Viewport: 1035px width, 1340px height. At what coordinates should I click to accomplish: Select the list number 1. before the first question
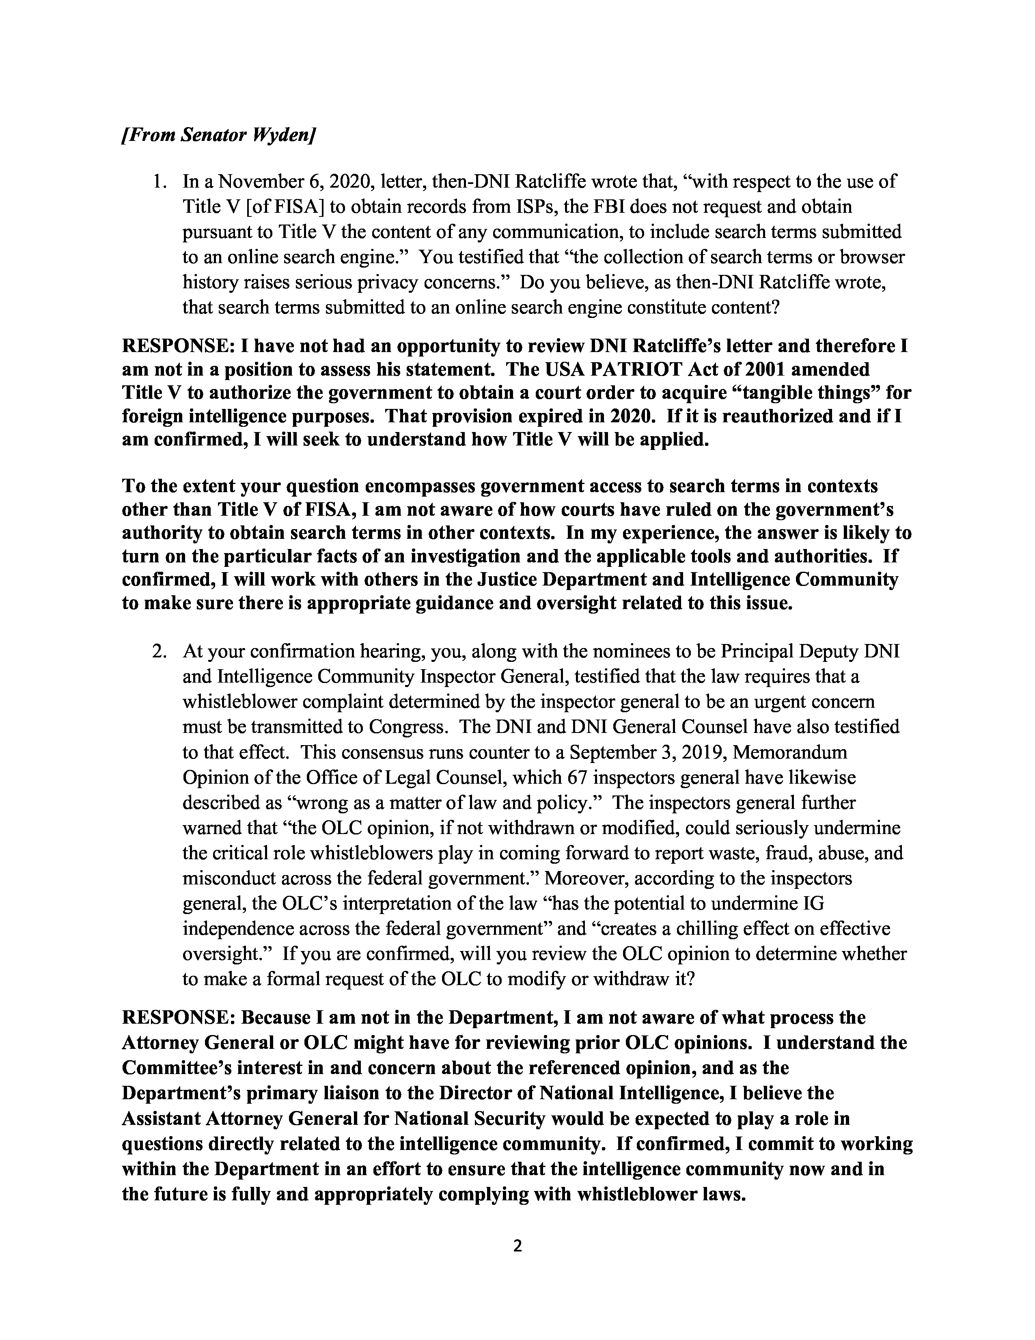[x=160, y=182]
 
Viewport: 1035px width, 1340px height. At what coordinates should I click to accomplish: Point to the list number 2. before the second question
[x=160, y=651]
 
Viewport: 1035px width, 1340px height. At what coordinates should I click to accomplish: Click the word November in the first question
[x=270, y=182]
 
